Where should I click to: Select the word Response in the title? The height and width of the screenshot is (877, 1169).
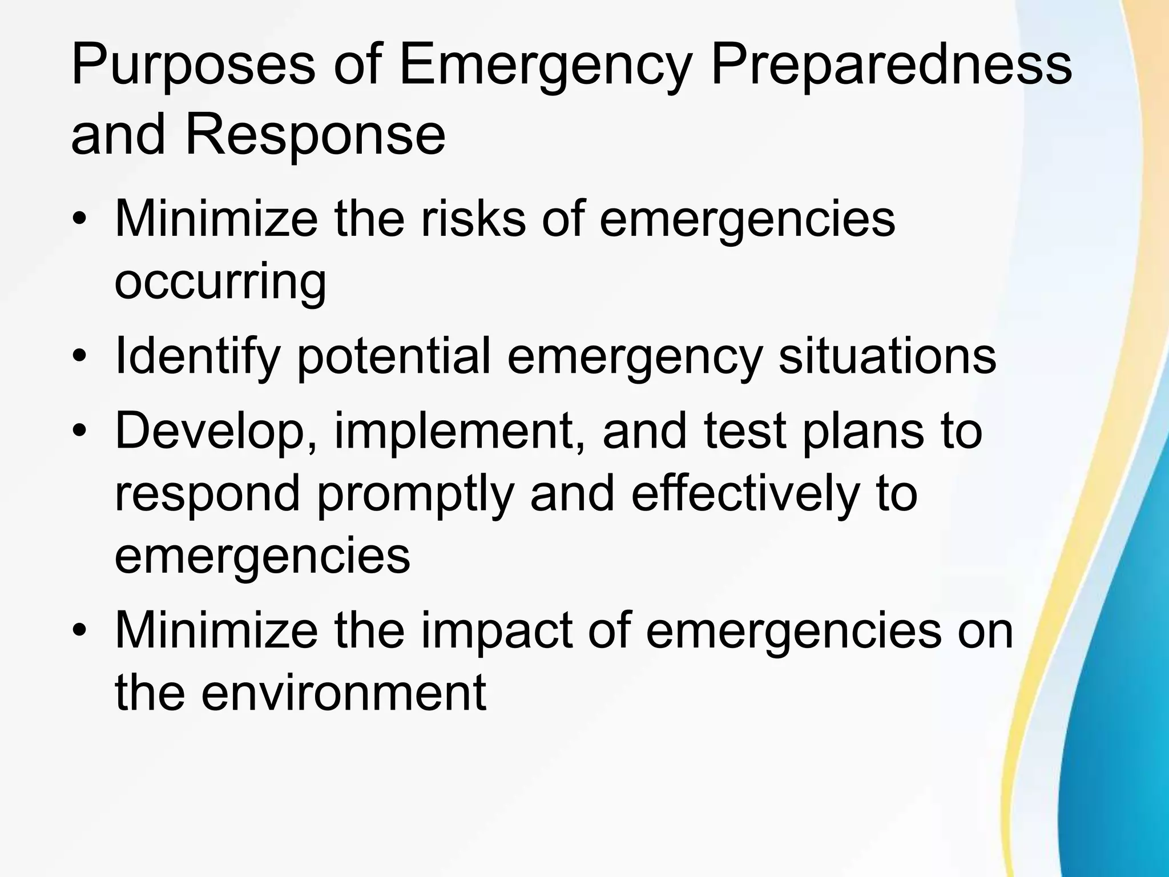click(315, 138)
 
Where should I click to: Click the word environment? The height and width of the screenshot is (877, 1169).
click(343, 693)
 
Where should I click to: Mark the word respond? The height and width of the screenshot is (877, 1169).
click(207, 495)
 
